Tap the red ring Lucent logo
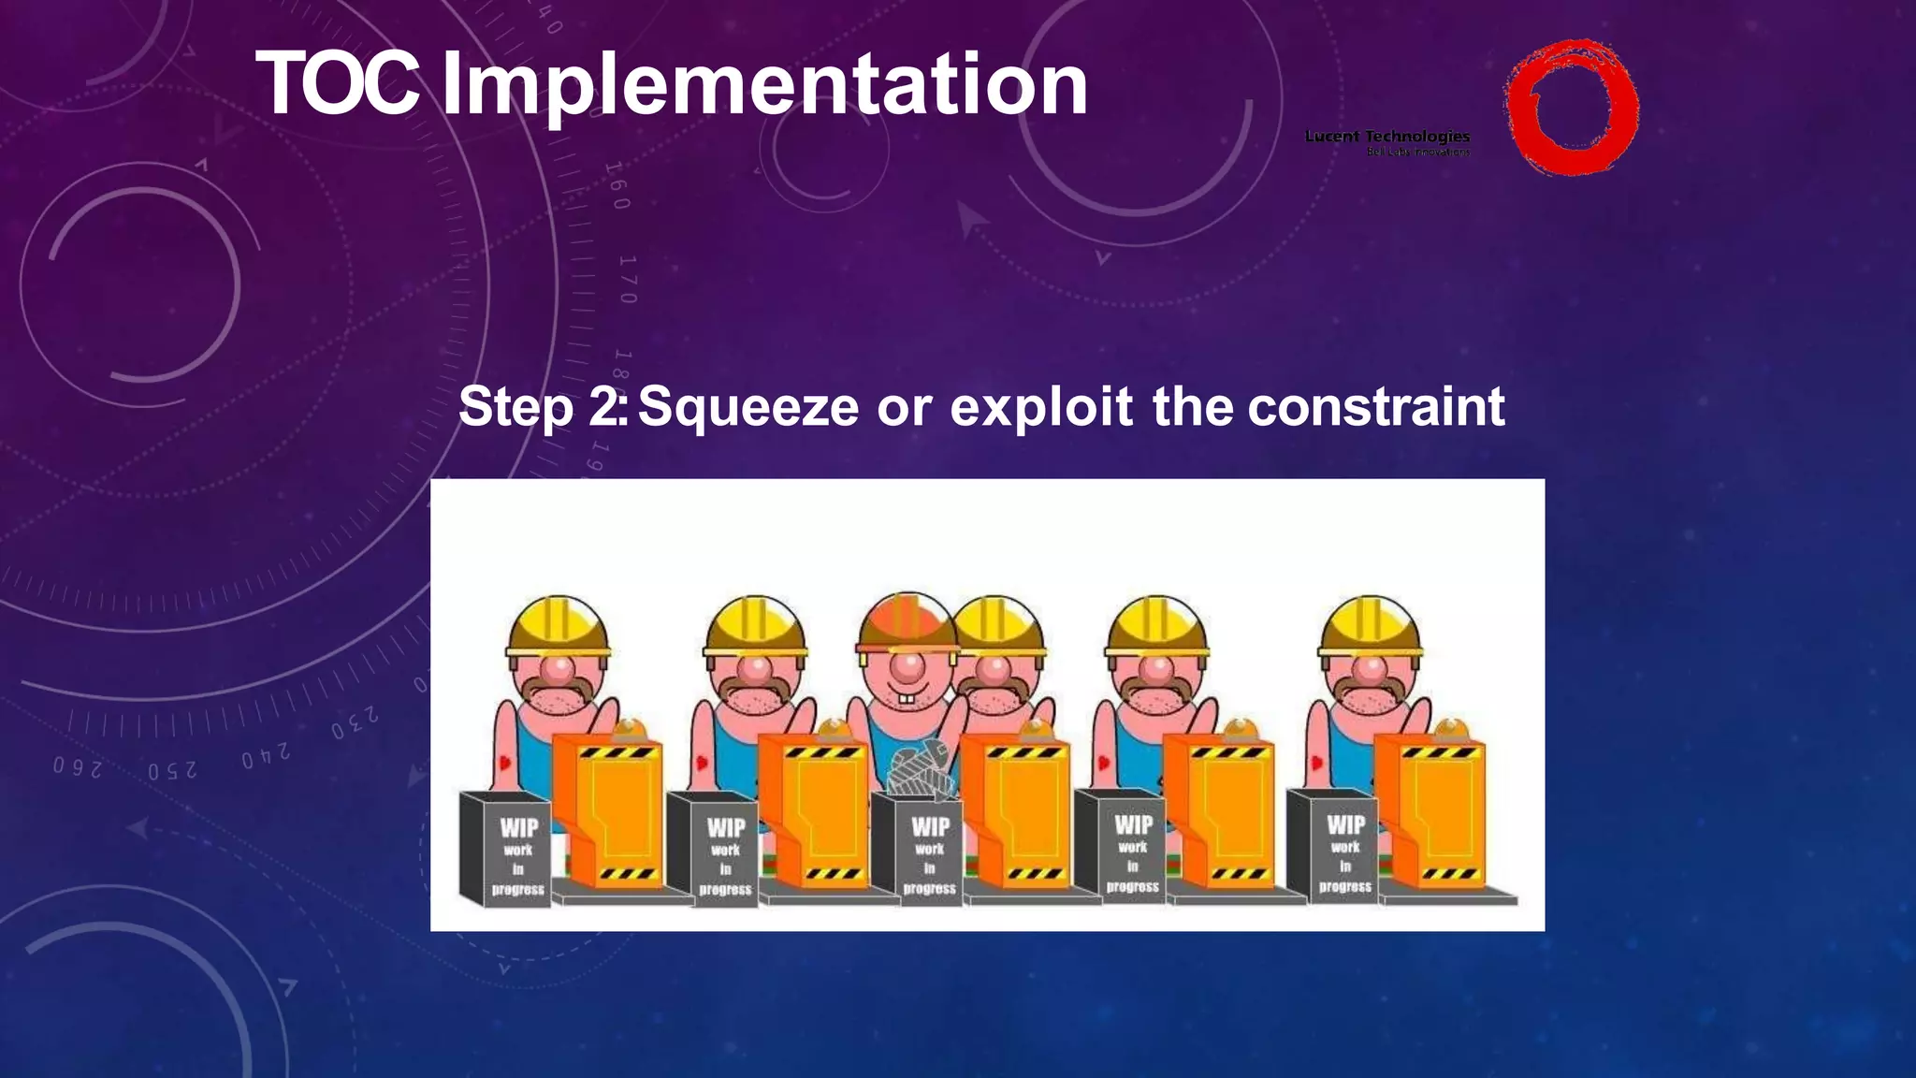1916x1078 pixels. coord(1572,107)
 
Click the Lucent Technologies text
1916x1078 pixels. coord(1386,137)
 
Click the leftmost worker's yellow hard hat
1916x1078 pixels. coord(559,625)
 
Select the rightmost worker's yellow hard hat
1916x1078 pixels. coord(1370,625)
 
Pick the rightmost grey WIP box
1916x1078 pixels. coord(1333,847)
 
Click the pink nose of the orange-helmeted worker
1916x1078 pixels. coord(906,666)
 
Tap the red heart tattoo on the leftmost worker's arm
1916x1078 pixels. coord(505,763)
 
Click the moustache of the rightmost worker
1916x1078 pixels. coord(1369,692)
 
